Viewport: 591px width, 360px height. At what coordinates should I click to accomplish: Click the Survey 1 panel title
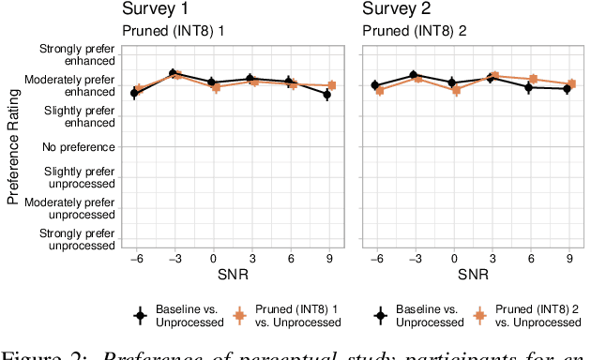pyautogui.click(x=159, y=10)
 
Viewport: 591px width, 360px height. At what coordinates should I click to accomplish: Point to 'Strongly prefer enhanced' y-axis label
pyautogui.click(x=77, y=54)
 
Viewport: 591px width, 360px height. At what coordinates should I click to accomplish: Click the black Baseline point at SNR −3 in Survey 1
pyautogui.click(x=173, y=72)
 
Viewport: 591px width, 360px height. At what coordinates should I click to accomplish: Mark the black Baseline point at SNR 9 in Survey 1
pyautogui.click(x=326, y=94)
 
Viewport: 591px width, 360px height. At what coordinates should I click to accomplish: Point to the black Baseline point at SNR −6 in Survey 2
pyautogui.click(x=375, y=85)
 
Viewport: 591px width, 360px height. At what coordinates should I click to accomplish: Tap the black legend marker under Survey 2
pyautogui.click(x=381, y=316)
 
